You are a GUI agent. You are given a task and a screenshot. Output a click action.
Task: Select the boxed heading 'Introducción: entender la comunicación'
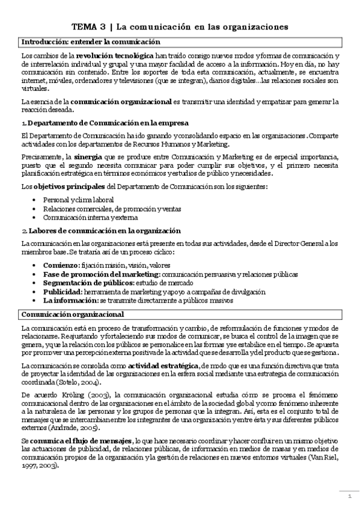tap(90, 42)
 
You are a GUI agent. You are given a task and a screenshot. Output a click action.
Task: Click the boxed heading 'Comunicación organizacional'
tap(73, 314)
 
